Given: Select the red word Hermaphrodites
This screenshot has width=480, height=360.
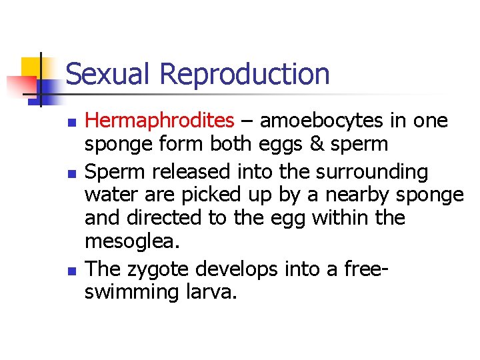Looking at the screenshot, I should pos(160,121).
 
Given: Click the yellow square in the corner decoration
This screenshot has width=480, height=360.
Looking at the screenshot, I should pos(32,67).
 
